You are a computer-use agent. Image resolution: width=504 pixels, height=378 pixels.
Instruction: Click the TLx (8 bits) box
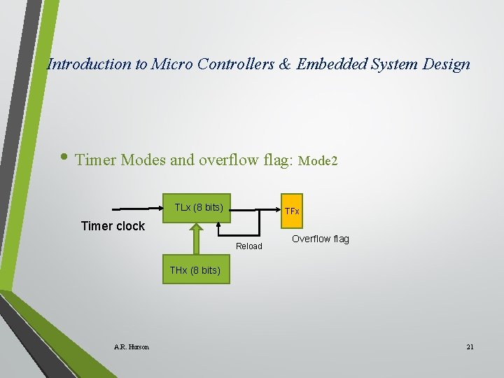(x=198, y=208)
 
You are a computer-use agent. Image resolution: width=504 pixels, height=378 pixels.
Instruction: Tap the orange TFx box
(x=291, y=211)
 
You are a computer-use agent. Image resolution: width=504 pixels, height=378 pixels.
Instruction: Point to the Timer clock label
(x=113, y=226)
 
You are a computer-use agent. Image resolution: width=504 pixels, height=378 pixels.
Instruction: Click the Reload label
(x=249, y=246)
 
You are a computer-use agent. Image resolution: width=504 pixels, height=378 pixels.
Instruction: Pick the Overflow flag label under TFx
(x=320, y=239)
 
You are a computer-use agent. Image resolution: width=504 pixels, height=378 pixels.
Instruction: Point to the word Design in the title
(x=447, y=64)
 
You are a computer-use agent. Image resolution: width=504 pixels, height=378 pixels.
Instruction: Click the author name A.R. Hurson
(x=131, y=346)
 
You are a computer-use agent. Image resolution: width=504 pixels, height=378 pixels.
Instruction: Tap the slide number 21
(x=470, y=346)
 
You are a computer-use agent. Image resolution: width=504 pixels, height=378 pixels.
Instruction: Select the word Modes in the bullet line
(x=143, y=160)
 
